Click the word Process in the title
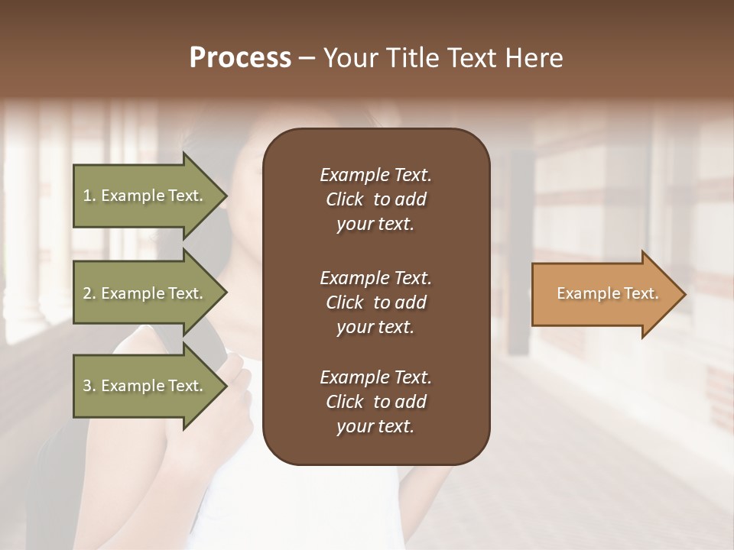click(240, 58)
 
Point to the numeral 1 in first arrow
click(87, 196)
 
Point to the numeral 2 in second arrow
click(87, 293)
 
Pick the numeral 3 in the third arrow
click(87, 386)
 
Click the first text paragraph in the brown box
click(375, 199)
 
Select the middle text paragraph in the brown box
click(375, 302)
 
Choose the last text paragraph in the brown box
click(375, 402)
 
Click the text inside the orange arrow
click(608, 293)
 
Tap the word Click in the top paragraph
click(345, 199)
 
